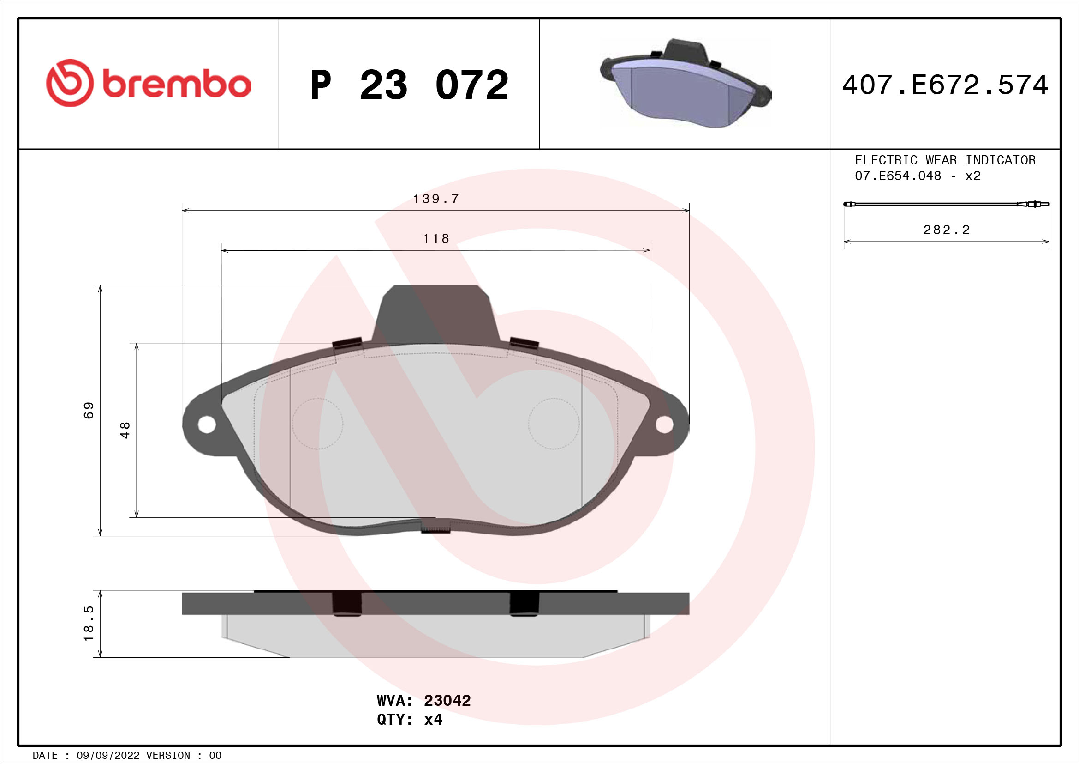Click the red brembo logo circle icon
point(70,83)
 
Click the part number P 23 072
point(409,85)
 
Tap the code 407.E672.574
point(945,85)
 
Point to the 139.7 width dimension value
point(435,199)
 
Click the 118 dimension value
point(435,238)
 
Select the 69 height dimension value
point(89,410)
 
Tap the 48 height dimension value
point(125,430)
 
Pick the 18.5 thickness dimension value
point(89,624)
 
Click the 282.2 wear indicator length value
point(946,230)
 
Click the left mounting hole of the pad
point(207,424)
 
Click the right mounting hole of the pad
point(664,424)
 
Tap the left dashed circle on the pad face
point(318,424)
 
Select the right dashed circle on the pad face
point(554,424)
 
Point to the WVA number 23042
point(447,701)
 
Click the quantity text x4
point(433,720)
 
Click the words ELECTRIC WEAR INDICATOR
point(945,160)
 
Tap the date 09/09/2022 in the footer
point(107,756)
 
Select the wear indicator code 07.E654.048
point(898,176)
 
